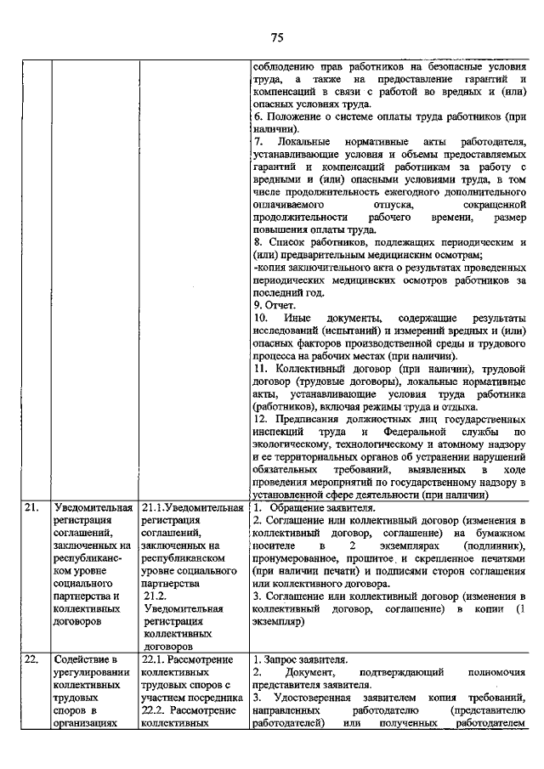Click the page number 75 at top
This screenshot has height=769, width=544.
(276, 37)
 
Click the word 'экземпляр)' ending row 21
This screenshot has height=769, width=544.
(281, 621)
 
